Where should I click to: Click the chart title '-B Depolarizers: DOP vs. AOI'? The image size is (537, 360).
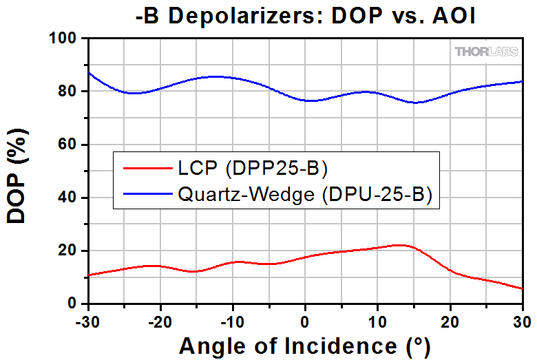pyautogui.click(x=305, y=14)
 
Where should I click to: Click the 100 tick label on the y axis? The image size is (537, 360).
pyautogui.click(x=65, y=39)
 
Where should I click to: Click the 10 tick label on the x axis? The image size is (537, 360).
pyautogui.click(x=378, y=319)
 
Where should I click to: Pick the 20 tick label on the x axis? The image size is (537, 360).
pyautogui.click(x=450, y=319)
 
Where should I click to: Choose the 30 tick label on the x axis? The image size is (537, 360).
pyautogui.click(x=522, y=319)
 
